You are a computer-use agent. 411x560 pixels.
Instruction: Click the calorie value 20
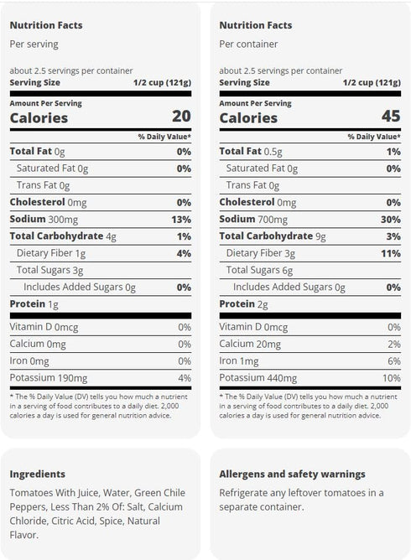(181, 116)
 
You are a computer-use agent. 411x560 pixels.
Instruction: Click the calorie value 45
(391, 116)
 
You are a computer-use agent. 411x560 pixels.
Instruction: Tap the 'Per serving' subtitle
(34, 44)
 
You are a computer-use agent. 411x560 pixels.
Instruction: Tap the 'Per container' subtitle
(248, 44)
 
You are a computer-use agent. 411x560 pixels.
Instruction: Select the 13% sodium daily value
(181, 220)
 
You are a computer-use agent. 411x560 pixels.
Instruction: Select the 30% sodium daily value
(391, 220)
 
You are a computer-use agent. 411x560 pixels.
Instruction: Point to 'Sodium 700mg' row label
(253, 220)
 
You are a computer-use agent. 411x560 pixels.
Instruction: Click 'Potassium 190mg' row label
(49, 378)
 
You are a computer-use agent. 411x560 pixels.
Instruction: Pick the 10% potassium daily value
(392, 378)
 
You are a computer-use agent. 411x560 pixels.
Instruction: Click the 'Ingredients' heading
(38, 474)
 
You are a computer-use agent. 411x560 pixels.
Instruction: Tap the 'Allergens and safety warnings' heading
(293, 474)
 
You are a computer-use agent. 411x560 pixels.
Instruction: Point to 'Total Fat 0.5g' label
(251, 152)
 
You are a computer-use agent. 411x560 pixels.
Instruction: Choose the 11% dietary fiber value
(391, 253)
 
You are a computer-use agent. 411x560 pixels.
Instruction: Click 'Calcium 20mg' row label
(250, 344)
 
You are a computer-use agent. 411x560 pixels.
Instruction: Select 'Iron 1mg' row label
(239, 361)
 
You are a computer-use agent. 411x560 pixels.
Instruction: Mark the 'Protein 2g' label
(244, 304)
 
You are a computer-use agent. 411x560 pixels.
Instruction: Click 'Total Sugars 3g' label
(50, 270)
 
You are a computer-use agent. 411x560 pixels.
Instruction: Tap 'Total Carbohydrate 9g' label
(273, 236)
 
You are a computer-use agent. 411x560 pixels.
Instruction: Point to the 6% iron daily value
(394, 361)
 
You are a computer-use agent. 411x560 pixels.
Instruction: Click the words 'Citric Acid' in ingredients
(73, 521)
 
